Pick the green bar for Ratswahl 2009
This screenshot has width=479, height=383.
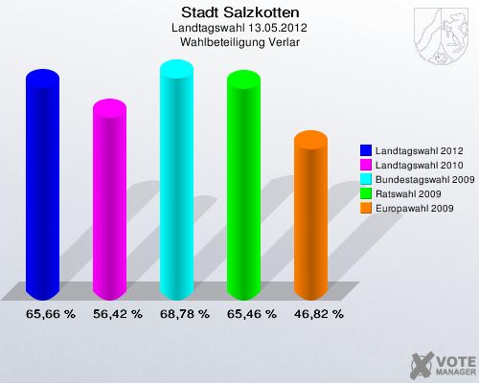pos(243,187)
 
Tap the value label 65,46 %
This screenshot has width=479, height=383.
pos(252,313)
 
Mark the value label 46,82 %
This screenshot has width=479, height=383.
pos(319,313)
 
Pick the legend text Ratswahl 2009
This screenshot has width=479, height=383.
pos(410,193)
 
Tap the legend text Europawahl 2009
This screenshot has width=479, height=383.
pos(415,207)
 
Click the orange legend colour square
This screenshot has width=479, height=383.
pos(366,207)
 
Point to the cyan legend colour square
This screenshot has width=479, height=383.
pos(366,179)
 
